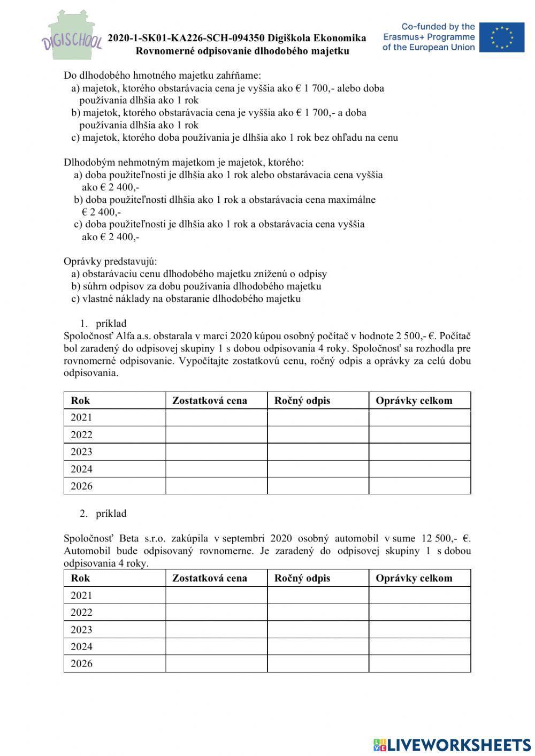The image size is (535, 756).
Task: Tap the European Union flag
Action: coord(501,37)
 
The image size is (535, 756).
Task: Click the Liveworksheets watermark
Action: coord(452,744)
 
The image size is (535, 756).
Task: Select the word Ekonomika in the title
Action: coord(340,38)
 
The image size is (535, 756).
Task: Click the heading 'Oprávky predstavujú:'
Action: coord(110,262)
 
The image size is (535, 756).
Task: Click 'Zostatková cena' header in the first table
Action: coord(209,401)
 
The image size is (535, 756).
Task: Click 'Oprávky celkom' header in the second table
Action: coord(414,578)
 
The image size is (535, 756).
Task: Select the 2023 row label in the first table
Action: coord(81,452)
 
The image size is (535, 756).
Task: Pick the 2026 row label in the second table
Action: coord(81,664)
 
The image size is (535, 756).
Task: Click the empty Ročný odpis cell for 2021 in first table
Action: coord(318,418)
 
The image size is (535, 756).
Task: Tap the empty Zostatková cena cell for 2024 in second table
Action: coord(216,647)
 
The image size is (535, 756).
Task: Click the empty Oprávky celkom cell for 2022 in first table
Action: coord(419,435)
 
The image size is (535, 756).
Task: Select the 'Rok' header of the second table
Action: coord(80,578)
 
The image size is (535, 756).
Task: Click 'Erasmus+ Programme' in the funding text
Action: coord(429,37)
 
